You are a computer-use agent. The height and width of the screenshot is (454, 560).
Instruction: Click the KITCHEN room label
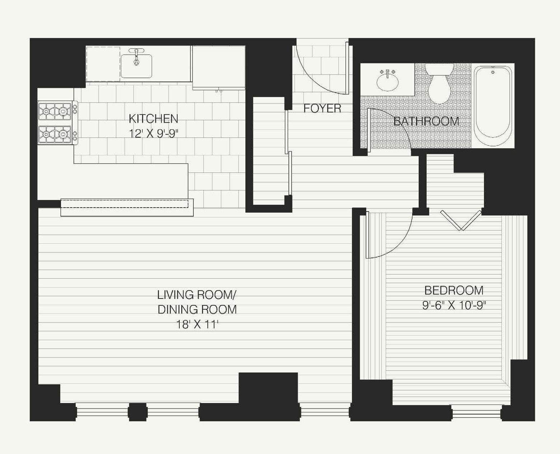[153, 118]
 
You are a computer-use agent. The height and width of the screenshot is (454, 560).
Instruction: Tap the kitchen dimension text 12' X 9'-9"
[153, 133]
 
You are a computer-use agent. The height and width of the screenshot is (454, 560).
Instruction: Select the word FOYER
[322, 108]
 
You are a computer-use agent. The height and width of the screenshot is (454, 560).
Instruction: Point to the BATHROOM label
[426, 121]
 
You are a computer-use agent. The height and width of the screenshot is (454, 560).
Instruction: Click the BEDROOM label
[453, 290]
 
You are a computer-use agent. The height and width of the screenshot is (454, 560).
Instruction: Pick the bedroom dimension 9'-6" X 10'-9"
[456, 305]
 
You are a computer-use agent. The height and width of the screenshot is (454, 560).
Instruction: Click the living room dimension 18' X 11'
[197, 325]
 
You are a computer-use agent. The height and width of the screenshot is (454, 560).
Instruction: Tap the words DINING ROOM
[197, 309]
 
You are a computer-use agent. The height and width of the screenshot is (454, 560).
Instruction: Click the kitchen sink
[136, 66]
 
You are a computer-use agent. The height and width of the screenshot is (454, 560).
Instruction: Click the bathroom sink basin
[387, 82]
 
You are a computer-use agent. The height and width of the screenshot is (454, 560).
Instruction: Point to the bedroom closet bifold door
[461, 220]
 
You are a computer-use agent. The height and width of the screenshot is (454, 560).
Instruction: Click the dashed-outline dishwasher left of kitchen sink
[103, 64]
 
